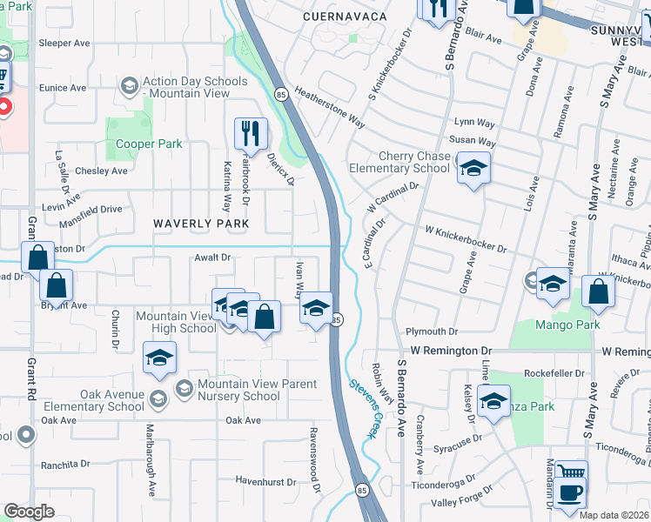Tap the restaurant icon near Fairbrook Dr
(250, 133)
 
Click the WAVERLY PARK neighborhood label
(201, 224)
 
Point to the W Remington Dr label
(452, 350)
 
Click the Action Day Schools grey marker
(130, 84)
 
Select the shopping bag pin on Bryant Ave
(56, 285)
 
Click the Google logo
(29, 512)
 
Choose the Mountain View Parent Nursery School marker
(184, 386)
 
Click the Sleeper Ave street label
(66, 42)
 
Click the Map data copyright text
(614, 515)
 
